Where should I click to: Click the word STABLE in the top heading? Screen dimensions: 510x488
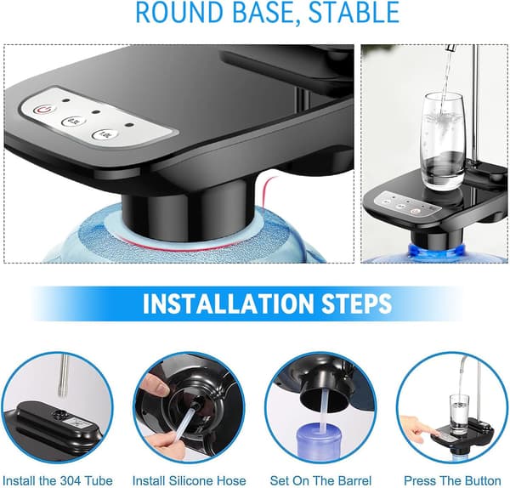tap(354, 12)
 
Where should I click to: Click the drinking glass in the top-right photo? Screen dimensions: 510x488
tap(442, 141)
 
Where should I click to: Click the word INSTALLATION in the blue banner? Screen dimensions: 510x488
tap(224, 304)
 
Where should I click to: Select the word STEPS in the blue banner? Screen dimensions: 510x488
tap(353, 304)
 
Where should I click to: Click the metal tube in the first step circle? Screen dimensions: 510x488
tap(64, 375)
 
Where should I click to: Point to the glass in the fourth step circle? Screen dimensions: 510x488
tap(459, 415)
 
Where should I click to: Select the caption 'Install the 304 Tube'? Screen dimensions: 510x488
tap(58, 480)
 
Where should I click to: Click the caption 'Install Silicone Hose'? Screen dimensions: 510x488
tap(189, 480)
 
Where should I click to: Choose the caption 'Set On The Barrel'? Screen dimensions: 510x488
tap(320, 480)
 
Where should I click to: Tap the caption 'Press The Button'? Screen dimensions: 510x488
tap(452, 480)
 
